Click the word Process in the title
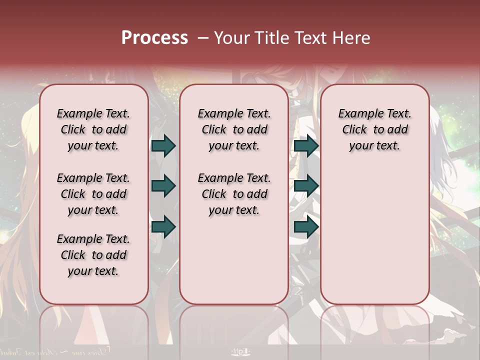tap(154, 37)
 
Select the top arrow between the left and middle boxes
tap(163, 145)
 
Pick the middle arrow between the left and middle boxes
tap(163, 186)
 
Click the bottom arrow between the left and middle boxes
tap(163, 227)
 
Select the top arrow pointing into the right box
tap(306, 145)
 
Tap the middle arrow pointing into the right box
tap(306, 186)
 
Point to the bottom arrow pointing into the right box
tap(306, 227)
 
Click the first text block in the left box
tap(93, 129)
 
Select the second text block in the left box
tap(93, 194)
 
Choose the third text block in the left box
tap(93, 255)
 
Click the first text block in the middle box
tap(234, 129)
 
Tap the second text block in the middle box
tap(234, 194)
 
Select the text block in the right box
tap(375, 129)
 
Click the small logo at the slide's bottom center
tap(240, 351)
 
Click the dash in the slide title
tap(203, 38)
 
